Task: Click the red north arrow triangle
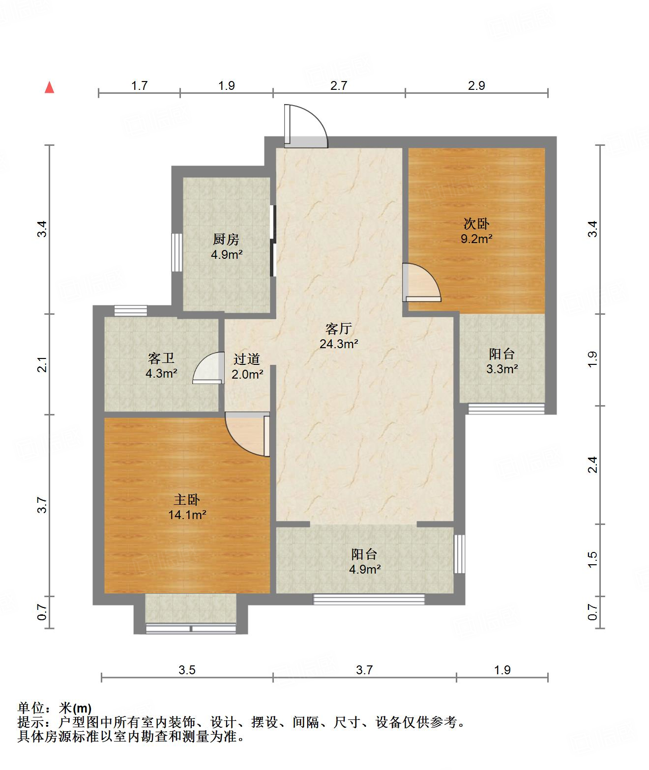click(50, 87)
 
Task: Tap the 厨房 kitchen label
click(226, 239)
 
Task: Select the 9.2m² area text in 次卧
click(476, 239)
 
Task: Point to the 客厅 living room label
click(339, 328)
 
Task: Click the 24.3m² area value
click(339, 344)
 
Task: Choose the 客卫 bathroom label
click(161, 358)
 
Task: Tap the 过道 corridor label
click(247, 359)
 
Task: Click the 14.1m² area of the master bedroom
click(187, 515)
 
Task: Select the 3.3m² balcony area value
click(501, 369)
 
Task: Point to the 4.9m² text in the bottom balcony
click(365, 569)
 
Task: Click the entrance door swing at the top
click(306, 127)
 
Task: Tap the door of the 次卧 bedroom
click(421, 282)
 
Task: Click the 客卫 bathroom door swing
click(208, 368)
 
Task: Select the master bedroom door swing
click(247, 435)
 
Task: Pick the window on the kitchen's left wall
click(177, 252)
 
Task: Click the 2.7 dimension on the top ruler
click(339, 85)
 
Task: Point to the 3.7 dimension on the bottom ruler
click(364, 670)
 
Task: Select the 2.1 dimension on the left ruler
click(43, 364)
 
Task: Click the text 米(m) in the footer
click(75, 708)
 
